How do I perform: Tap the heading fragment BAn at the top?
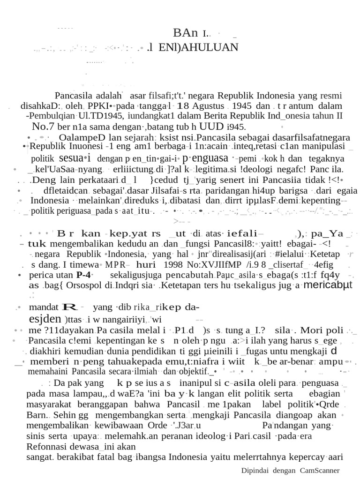pyautogui.click(x=186, y=33)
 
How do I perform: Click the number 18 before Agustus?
pyautogui.click(x=182, y=105)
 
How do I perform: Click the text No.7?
pyautogui.click(x=43, y=126)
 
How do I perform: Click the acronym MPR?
pyautogui.click(x=115, y=264)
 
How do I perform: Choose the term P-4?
pyautogui.click(x=84, y=275)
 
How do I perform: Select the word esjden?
pyautogui.click(x=45, y=319)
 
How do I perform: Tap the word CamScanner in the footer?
pyautogui.click(x=321, y=470)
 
